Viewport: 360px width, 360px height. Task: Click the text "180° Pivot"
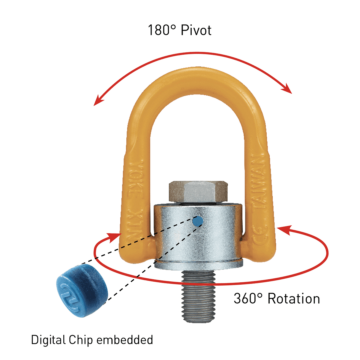click(180, 31)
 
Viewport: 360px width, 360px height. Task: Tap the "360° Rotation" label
click(277, 298)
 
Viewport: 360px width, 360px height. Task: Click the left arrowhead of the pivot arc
click(97, 102)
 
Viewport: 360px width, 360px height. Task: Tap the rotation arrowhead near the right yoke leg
click(282, 230)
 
